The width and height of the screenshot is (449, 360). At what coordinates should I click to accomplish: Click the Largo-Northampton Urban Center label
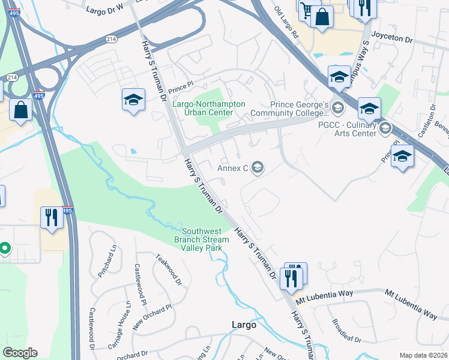pos(208,108)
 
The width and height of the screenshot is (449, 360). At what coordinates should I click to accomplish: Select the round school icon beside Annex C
pos(258,167)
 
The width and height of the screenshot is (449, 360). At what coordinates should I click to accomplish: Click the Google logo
pos(20,353)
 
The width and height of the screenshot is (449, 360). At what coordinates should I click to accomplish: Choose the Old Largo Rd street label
pos(286,23)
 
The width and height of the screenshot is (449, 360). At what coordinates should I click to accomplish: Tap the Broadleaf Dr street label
pos(346,331)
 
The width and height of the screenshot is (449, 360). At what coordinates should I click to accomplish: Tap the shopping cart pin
pos(308,11)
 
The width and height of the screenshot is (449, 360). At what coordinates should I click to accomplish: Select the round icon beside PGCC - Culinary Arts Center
pos(385,128)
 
